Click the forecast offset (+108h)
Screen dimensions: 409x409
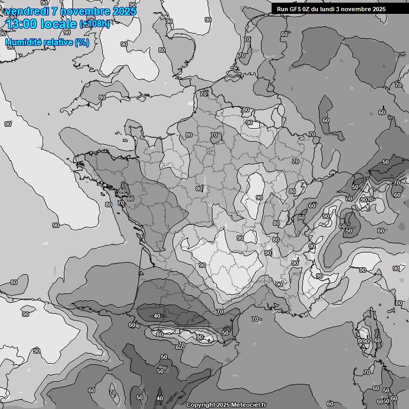pyautogui.click(x=94, y=24)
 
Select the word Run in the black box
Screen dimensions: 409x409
pyautogui.click(x=282, y=9)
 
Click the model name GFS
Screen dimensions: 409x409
pyautogui.click(x=295, y=9)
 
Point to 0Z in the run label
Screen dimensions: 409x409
pyautogui.click(x=307, y=9)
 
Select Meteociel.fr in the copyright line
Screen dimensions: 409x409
pyautogui.click(x=248, y=405)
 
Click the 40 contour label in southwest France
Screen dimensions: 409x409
pyautogui.click(x=157, y=316)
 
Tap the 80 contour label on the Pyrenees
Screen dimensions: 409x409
pyautogui.click(x=159, y=334)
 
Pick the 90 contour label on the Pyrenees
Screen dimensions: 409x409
pyautogui.click(x=199, y=337)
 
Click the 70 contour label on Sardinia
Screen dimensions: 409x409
pyautogui.click(x=366, y=372)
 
